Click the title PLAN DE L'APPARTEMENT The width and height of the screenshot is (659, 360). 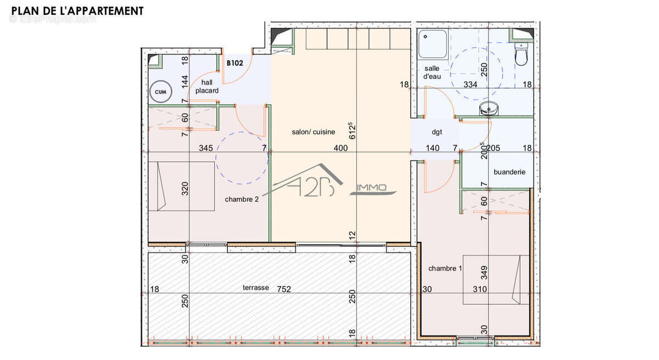[77, 10]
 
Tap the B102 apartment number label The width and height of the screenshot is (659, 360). [235, 63]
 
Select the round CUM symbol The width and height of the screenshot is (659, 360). [160, 92]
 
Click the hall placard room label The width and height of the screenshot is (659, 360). [206, 87]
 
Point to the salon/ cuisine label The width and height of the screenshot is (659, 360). [313, 132]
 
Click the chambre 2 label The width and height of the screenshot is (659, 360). [241, 199]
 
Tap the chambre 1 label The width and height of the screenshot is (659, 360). [444, 268]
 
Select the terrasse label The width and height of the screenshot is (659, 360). [256, 288]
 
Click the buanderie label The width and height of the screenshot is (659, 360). [509, 172]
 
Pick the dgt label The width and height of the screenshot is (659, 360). [437, 132]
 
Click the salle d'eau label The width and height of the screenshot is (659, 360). [432, 72]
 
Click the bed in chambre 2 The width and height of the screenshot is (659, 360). [181, 186]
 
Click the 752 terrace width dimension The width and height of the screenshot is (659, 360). [284, 289]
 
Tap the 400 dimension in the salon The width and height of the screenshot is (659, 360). [340, 148]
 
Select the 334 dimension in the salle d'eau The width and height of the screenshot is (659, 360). [470, 85]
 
